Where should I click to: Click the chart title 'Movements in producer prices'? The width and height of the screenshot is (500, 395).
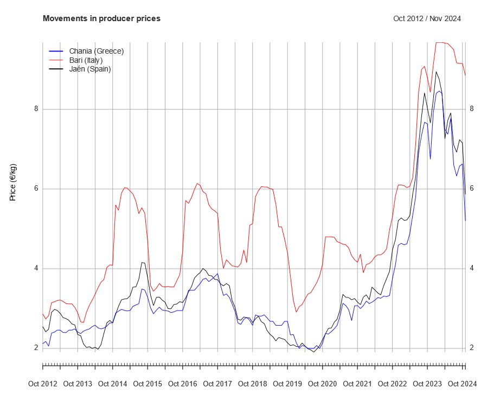pyautogui.click(x=101, y=18)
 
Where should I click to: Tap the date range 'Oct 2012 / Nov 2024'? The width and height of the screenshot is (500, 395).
pyautogui.click(x=427, y=18)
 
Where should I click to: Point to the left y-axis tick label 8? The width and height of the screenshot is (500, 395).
pyautogui.click(x=37, y=109)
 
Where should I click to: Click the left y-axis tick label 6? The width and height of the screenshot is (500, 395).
pyautogui.click(x=37, y=189)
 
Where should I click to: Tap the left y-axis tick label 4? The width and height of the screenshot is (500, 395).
pyautogui.click(x=37, y=268)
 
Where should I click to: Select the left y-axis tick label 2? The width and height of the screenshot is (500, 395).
pyautogui.click(x=37, y=348)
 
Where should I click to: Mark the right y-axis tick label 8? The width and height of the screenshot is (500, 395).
pyautogui.click(x=472, y=109)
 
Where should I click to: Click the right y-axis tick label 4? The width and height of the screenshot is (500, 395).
pyautogui.click(x=472, y=268)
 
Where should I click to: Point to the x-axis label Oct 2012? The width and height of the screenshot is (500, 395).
pyautogui.click(x=42, y=384)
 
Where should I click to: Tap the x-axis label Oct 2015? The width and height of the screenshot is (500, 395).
pyautogui.click(x=148, y=384)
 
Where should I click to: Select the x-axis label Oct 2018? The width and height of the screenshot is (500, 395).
pyautogui.click(x=252, y=384)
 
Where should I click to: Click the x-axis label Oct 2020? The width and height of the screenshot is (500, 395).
pyautogui.click(x=322, y=384)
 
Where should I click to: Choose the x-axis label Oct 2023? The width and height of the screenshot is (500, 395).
pyautogui.click(x=427, y=384)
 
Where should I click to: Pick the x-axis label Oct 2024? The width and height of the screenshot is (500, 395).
pyautogui.click(x=462, y=384)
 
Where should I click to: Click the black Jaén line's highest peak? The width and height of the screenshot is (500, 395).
pyautogui.click(x=436, y=72)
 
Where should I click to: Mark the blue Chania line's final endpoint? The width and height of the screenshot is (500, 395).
pyautogui.click(x=465, y=221)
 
